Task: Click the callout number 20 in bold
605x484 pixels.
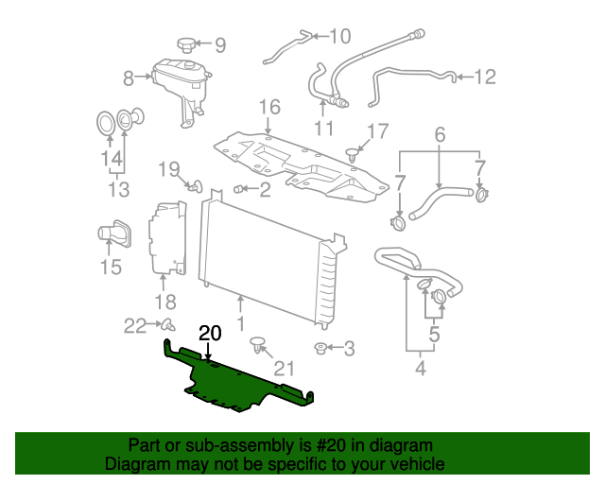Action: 210,334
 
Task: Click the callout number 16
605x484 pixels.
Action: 269,107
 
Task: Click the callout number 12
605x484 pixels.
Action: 484,78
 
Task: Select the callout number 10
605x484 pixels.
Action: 339,37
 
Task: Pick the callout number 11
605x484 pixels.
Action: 324,128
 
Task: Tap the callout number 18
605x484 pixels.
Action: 165,302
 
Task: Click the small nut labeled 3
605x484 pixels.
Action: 322,349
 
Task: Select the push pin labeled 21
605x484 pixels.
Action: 257,350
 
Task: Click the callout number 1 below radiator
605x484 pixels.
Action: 240,324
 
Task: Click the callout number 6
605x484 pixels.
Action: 440,136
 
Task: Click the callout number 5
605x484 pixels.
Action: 433,334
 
